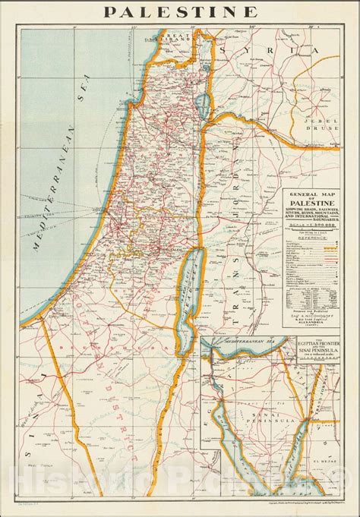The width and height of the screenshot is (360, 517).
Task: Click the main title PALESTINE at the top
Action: (179, 11)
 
